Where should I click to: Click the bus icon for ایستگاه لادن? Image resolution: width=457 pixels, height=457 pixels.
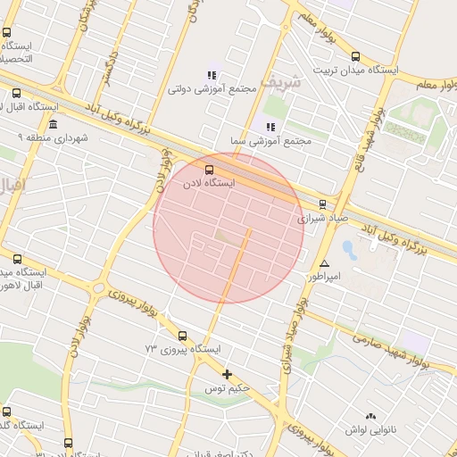pos(210,169)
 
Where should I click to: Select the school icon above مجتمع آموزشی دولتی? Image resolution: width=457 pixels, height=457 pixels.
pos(211,75)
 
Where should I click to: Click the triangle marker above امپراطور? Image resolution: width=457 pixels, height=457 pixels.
pos(324,264)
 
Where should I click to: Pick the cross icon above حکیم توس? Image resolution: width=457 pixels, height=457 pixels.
pos(227,375)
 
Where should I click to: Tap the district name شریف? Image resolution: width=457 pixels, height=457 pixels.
pos(282,81)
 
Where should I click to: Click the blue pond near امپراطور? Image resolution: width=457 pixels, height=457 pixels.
pos(348,249)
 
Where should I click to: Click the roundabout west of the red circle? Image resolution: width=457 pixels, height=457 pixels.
pos(99,287)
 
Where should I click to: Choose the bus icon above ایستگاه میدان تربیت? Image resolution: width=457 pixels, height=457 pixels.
pos(356,55)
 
